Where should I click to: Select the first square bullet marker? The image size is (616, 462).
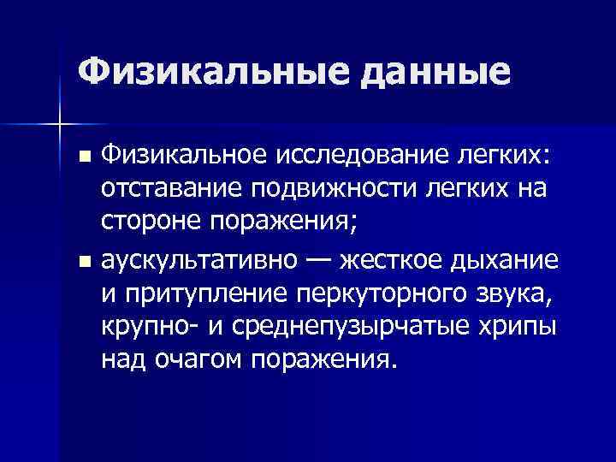click(83, 157)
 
